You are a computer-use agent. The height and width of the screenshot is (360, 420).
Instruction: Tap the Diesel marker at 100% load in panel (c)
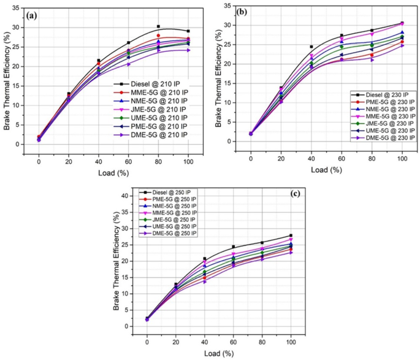click(291, 236)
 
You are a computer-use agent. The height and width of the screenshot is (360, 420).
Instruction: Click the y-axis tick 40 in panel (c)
click(127, 196)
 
